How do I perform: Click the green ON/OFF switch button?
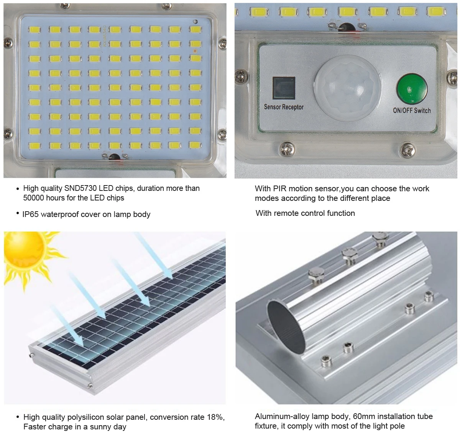tap(412, 88)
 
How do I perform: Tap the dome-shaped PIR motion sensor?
tap(347, 88)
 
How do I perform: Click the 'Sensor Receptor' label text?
tap(284, 107)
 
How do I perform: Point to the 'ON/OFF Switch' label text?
tap(412, 111)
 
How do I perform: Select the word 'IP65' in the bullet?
tap(30, 214)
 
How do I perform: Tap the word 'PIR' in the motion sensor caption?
tap(279, 189)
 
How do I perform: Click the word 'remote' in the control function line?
tap(287, 213)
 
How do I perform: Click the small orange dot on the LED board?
tap(195, 51)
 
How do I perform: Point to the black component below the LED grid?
tap(114, 157)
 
